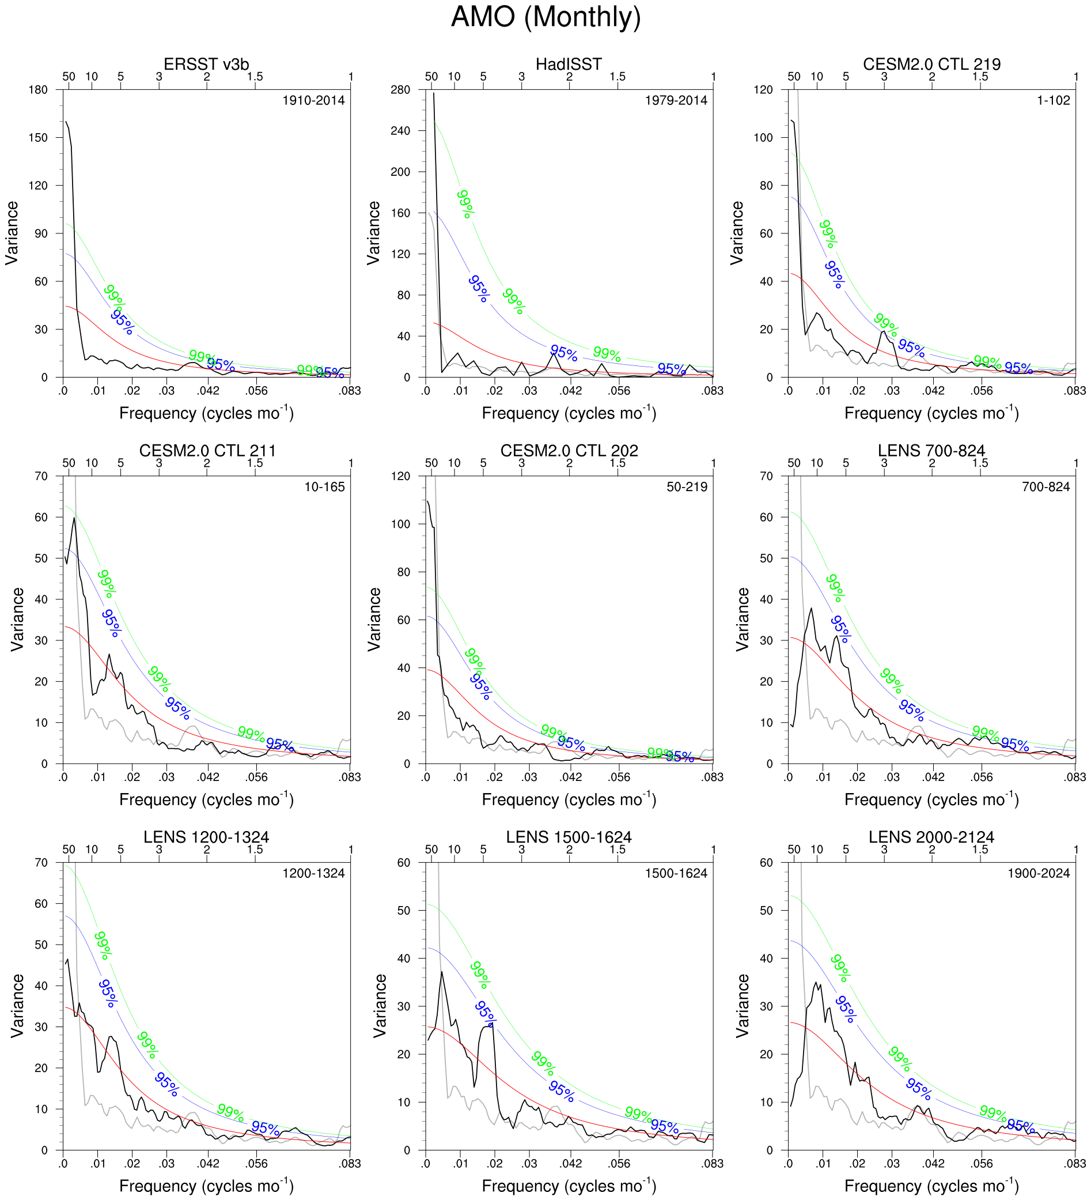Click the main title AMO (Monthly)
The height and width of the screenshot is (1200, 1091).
pos(545,17)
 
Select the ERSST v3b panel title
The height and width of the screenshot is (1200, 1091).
pos(206,65)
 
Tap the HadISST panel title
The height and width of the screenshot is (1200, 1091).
pos(568,65)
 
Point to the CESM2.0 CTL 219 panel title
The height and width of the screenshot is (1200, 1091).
pos(931,65)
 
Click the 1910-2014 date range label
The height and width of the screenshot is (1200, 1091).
pos(313,101)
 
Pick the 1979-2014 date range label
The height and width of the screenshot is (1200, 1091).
pos(676,101)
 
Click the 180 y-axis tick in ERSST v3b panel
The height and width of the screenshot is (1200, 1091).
pos(38,90)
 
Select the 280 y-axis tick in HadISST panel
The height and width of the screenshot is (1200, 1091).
pos(400,90)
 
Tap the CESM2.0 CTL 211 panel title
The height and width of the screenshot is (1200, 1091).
pos(207,451)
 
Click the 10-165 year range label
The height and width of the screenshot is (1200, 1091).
pos(324,487)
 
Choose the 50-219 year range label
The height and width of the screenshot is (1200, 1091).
pos(687,487)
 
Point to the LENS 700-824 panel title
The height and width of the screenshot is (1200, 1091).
pos(931,451)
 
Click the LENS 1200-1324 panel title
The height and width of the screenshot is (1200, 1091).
pos(206,837)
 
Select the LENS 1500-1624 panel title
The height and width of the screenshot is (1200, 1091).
pos(568,837)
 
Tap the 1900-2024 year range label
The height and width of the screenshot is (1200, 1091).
pos(1038,873)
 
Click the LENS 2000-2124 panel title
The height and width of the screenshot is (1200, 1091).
pos(931,837)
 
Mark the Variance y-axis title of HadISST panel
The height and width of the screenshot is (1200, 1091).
pos(374,233)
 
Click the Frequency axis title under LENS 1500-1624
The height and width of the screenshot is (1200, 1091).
pos(569,1186)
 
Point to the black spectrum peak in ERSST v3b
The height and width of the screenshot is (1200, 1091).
pos(66,122)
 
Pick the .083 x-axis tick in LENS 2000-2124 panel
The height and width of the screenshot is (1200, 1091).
pos(1074,1164)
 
